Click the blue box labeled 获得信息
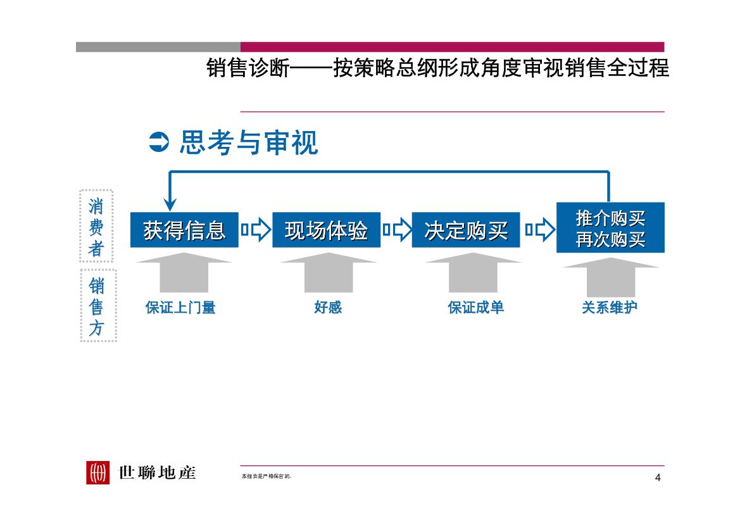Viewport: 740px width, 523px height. point(184,230)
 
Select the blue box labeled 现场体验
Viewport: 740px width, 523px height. point(326,230)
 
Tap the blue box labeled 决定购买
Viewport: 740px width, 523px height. point(466,230)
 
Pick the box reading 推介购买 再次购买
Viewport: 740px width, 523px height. point(610,228)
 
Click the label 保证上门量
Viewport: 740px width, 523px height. point(180,308)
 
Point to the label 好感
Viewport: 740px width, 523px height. point(328,308)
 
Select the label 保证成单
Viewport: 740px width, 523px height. point(476,308)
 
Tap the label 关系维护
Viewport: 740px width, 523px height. point(610,308)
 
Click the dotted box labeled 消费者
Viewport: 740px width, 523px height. point(96,226)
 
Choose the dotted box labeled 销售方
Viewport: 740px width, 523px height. point(97,306)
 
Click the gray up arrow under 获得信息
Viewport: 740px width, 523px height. point(184,272)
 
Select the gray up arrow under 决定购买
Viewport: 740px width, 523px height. point(473,272)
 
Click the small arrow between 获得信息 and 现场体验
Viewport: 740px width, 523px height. point(256,230)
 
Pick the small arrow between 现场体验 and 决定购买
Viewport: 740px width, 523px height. point(396,230)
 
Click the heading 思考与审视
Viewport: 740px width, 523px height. point(248,143)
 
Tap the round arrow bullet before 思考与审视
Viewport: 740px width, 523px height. point(158,143)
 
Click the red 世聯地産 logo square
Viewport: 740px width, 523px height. point(98,472)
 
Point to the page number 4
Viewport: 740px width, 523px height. point(658,477)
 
